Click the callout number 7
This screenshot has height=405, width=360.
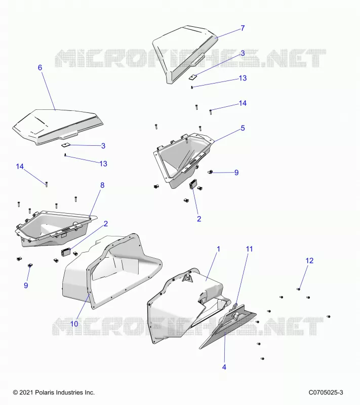point(243,28)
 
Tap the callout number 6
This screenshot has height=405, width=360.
point(40,68)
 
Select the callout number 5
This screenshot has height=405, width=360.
point(243,128)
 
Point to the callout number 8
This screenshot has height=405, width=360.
point(102,185)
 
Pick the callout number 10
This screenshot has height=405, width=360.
point(74,323)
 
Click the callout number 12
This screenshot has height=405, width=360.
point(309,261)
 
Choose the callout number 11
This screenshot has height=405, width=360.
point(249,249)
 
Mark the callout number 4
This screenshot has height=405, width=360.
point(224,367)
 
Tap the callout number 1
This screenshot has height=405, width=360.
point(218,249)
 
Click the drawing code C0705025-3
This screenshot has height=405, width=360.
point(326,393)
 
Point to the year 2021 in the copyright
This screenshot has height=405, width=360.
point(26,393)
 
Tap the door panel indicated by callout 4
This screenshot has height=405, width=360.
point(227,327)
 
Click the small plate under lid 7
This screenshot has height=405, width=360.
point(192,77)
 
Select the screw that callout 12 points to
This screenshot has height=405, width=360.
point(298,289)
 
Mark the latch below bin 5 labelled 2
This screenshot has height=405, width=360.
point(193,184)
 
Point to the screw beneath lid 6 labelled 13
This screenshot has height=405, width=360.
point(65,155)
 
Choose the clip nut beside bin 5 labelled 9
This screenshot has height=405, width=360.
point(210,172)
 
